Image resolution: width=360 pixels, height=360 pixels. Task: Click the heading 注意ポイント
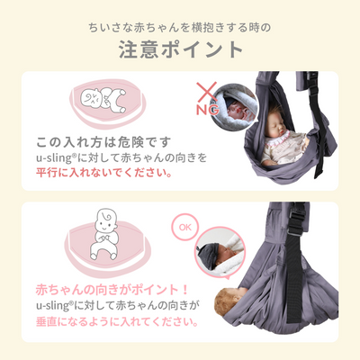pos(180,48)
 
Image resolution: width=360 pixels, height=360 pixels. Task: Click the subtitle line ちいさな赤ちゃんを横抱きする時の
pos(180,19)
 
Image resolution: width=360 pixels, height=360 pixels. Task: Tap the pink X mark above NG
pos(207,91)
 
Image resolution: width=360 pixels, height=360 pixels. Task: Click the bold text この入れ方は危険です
pos(91,142)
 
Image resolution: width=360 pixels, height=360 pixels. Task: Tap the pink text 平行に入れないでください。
pos(103,174)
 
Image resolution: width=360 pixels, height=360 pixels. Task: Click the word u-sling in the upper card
pos(55,158)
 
